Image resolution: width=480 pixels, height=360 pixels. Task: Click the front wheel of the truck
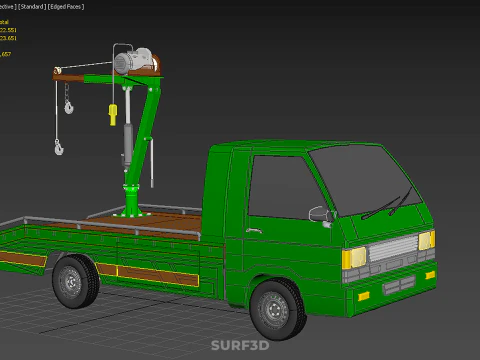tap(278, 308)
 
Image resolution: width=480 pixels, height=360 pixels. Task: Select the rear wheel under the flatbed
tap(75, 281)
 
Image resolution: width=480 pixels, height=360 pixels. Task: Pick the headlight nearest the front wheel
tap(354, 258)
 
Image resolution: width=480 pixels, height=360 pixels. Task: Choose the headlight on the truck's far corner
tap(426, 240)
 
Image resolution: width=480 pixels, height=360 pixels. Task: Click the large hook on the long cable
tap(59, 148)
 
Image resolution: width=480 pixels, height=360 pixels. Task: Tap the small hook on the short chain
tap(68, 105)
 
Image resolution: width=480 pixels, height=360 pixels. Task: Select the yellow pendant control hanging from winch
tap(113, 114)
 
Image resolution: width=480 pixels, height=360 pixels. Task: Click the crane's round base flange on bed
tap(129, 211)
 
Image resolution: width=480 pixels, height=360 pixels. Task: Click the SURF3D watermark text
tap(240, 346)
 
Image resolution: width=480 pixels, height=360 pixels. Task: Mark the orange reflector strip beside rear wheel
tap(144, 273)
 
